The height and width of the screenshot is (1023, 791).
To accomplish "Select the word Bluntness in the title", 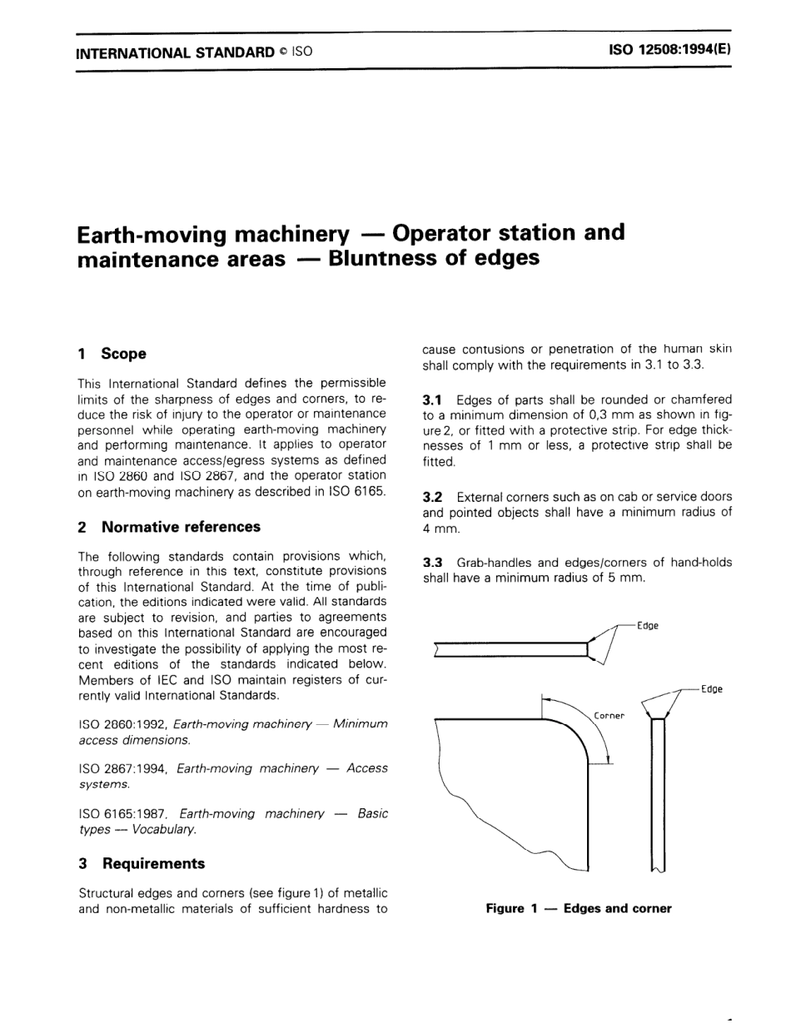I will pyautogui.click(x=392, y=259).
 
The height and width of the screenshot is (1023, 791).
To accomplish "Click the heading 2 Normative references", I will pyautogui.click(x=169, y=527).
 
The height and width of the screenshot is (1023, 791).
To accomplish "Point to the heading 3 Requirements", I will pyautogui.click(x=142, y=863).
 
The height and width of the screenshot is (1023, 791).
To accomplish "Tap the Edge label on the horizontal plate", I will pyautogui.click(x=647, y=626).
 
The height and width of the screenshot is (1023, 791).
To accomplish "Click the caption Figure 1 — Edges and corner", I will pyautogui.click(x=578, y=909).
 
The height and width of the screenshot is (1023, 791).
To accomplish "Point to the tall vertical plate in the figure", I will pyautogui.click(x=658, y=791).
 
